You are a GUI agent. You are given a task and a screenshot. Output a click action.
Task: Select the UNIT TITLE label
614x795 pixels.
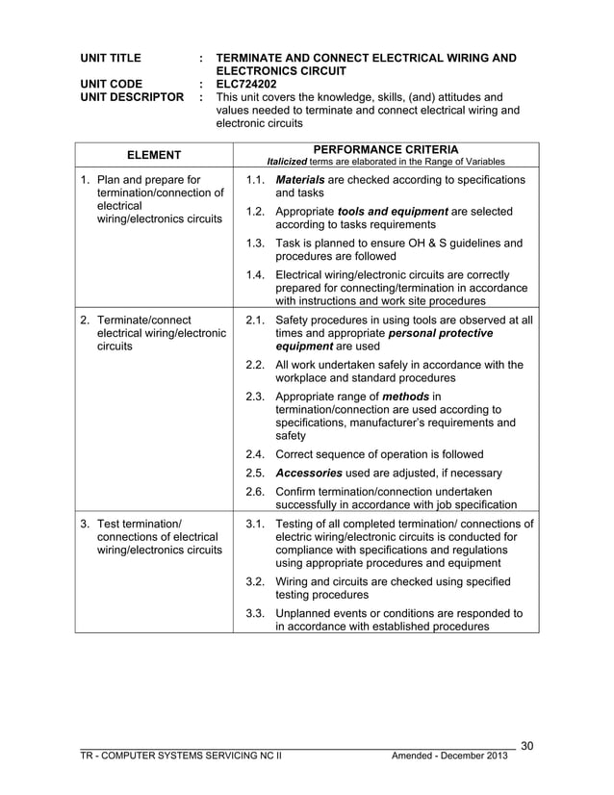pos(112,59)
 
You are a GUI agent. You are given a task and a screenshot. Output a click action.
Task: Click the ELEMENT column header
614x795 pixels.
pos(155,155)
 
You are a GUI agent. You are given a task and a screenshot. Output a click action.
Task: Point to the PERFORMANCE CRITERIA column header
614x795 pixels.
pos(385,149)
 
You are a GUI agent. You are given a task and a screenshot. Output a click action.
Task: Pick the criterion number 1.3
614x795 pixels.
pos(255,244)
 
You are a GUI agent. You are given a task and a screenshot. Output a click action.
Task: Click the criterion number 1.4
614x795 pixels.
pos(255,274)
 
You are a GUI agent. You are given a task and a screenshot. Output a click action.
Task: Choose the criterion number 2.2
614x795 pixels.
pos(255,365)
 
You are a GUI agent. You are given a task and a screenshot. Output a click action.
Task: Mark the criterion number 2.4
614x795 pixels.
pos(255,454)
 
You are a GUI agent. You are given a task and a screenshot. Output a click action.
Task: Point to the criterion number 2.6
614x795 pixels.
pos(255,491)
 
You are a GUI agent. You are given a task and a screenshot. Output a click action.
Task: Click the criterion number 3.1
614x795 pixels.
pos(255,524)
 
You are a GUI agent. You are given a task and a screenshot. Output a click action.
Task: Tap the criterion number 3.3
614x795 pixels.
pos(255,612)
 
